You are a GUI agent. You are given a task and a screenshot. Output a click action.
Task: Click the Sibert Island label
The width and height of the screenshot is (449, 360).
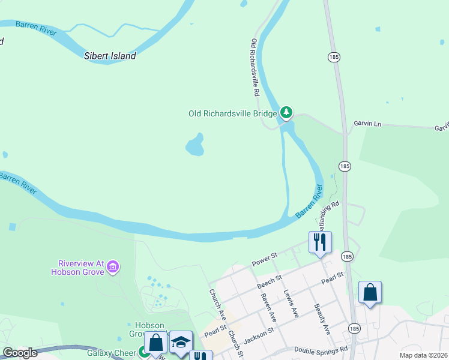point(110,56)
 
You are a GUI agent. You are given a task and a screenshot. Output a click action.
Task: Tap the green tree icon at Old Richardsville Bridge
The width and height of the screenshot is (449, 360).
point(287,112)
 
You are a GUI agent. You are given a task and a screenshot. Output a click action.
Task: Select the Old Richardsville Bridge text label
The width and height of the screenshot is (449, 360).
point(233,113)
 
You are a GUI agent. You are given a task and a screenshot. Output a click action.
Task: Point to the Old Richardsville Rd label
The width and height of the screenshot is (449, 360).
point(255,68)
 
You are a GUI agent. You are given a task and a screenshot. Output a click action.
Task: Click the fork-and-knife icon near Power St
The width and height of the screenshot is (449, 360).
point(319,242)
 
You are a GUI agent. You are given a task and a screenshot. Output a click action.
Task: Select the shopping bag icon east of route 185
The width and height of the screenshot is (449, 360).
point(370,292)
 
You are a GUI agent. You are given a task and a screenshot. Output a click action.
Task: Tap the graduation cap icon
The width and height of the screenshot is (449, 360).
point(180,341)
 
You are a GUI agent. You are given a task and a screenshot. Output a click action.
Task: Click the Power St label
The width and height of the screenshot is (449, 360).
point(264,260)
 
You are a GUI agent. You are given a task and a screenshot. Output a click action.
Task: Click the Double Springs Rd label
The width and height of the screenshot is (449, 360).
point(321,349)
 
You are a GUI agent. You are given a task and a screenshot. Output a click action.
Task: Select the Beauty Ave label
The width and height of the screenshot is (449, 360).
point(322,319)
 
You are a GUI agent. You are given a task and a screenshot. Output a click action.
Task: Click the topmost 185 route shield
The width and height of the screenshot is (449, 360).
point(334,56)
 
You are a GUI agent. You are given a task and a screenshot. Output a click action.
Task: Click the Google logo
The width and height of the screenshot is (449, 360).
point(20,353)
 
